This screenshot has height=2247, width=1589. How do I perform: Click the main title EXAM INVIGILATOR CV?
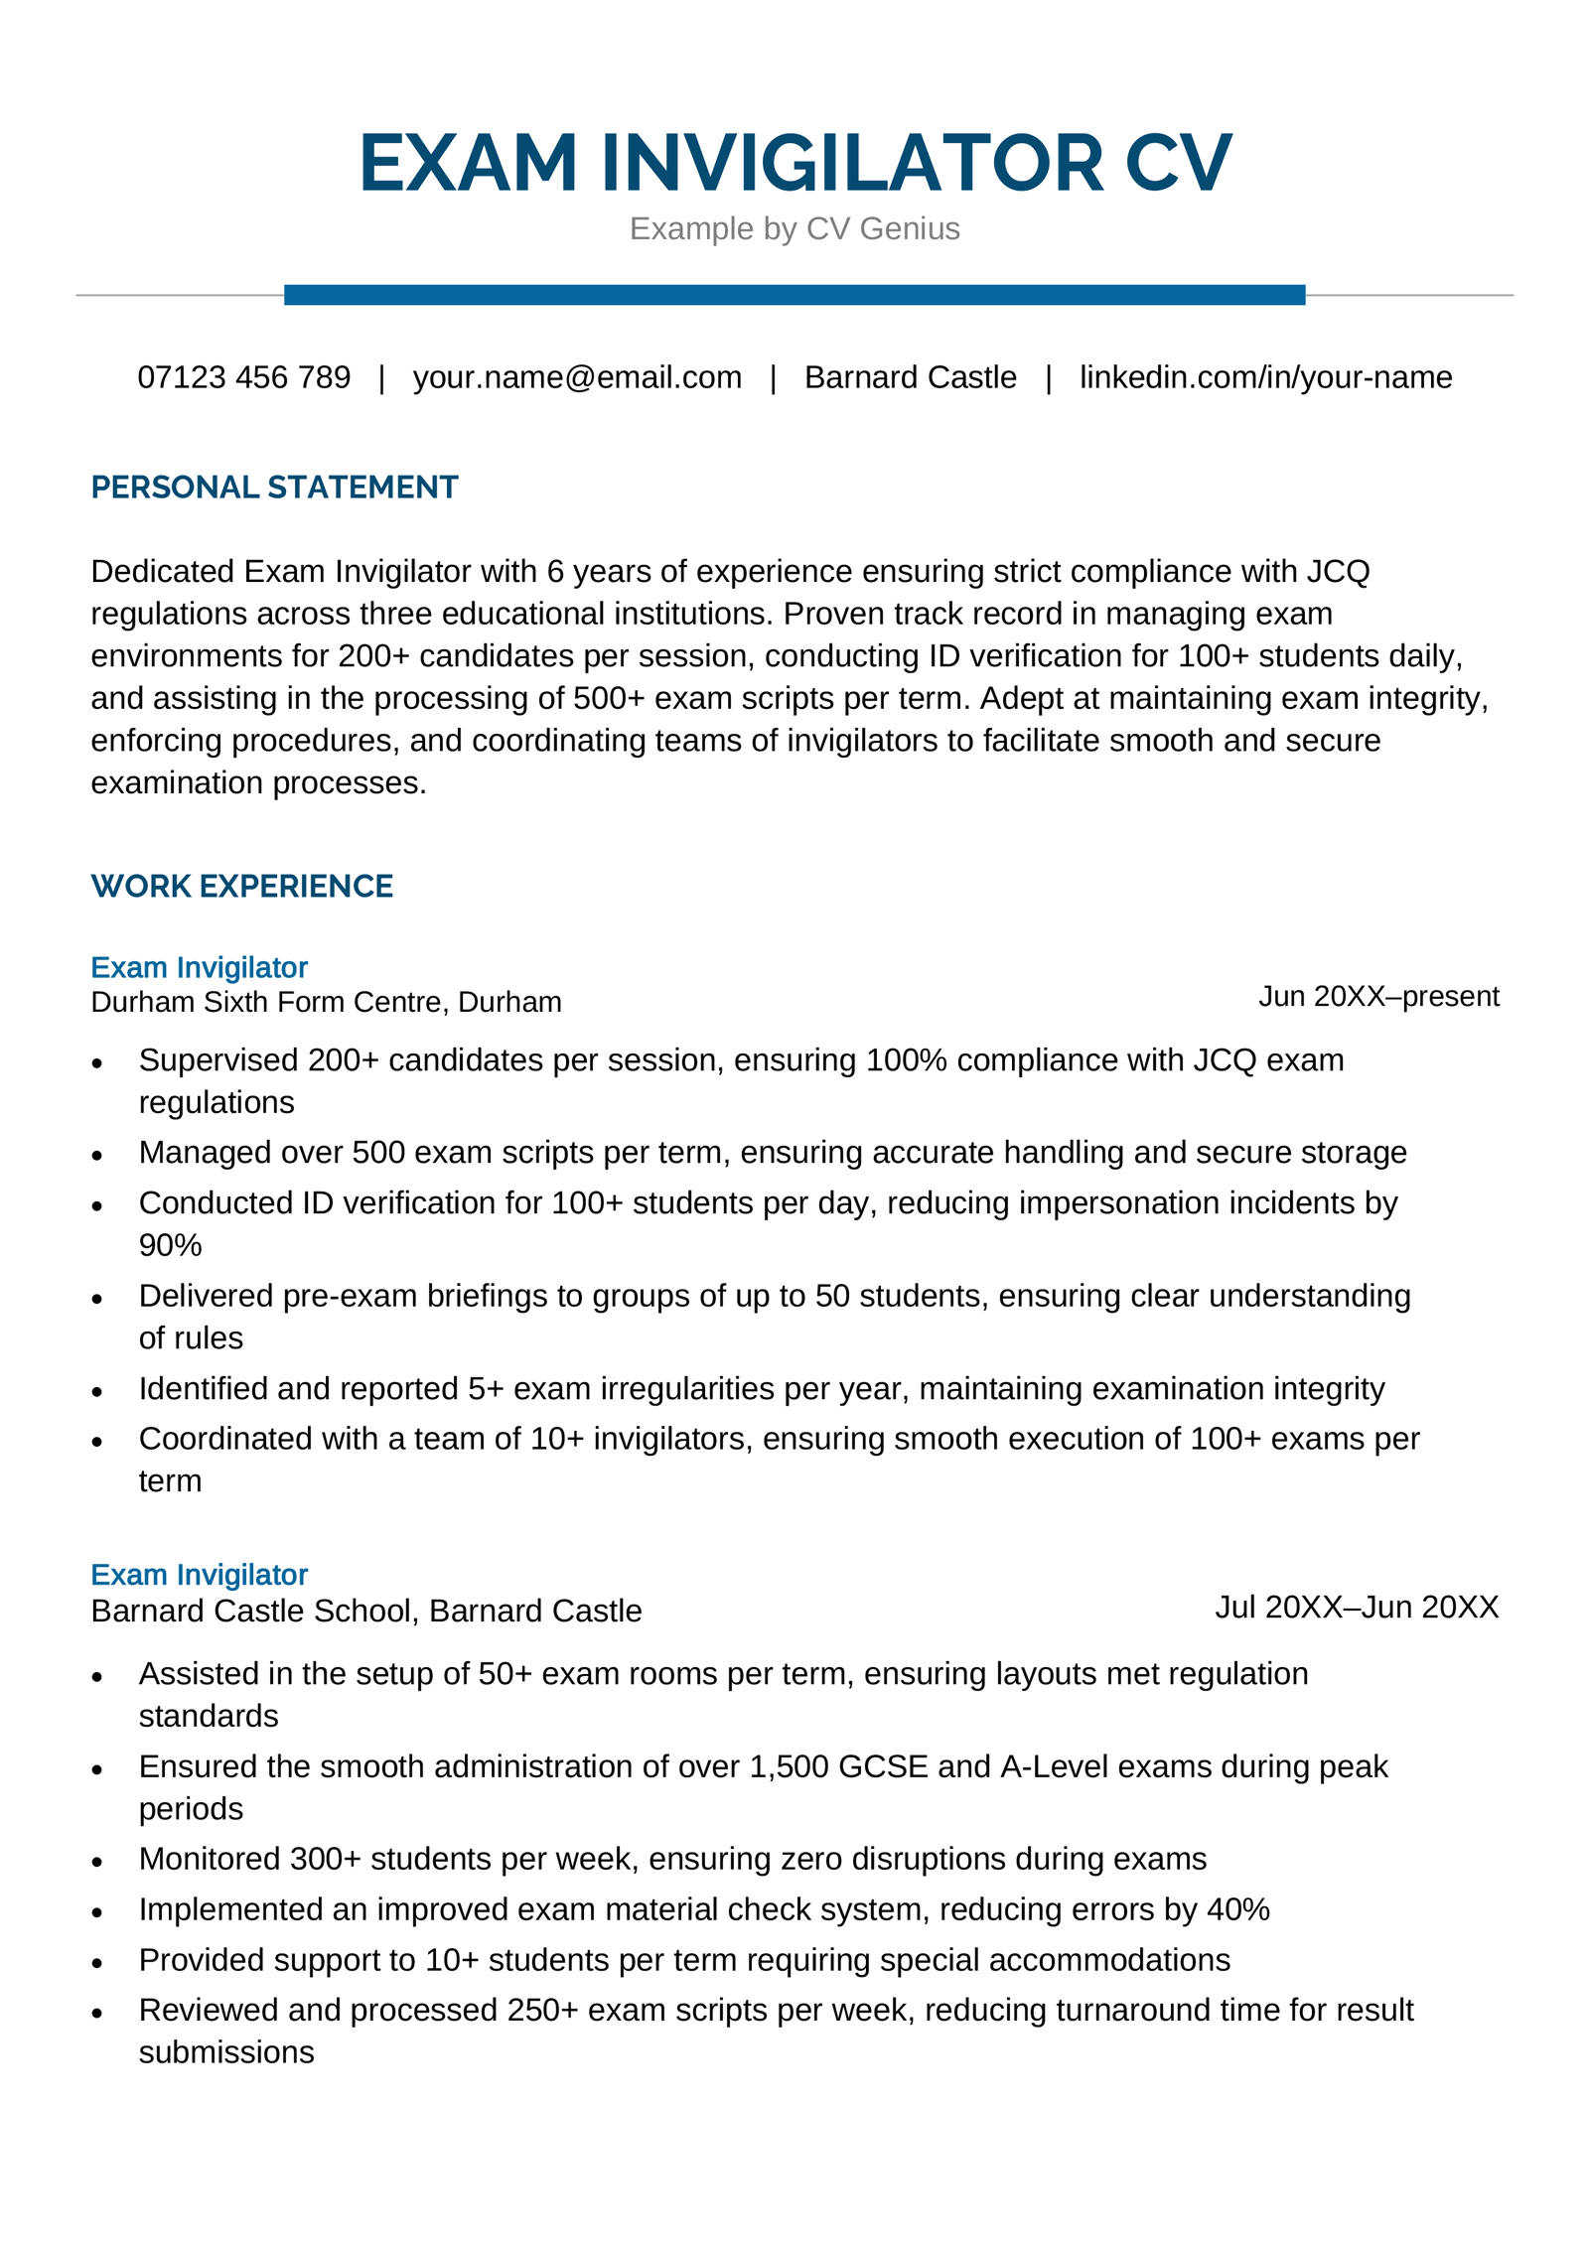[794, 163]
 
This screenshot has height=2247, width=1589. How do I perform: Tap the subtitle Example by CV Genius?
[794, 228]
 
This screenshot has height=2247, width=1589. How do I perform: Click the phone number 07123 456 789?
[243, 377]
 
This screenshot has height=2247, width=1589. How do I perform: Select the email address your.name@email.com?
[577, 377]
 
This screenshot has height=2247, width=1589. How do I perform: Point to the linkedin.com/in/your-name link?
[1265, 377]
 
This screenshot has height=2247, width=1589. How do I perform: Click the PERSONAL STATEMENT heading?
[274, 488]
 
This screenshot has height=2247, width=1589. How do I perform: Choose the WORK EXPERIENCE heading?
[241, 886]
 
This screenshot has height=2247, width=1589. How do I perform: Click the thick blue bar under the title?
[794, 295]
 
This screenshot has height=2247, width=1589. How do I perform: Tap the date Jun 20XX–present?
[1378, 996]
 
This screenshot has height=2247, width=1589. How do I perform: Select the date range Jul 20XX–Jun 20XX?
[1357, 1607]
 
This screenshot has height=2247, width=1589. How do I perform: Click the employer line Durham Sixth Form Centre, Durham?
[326, 1002]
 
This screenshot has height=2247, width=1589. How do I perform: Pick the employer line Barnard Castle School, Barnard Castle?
[365, 1611]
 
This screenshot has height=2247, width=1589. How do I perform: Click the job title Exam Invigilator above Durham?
[199, 967]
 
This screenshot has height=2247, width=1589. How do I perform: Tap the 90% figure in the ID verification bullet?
[170, 1245]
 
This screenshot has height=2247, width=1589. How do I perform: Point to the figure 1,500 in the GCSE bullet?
[789, 1766]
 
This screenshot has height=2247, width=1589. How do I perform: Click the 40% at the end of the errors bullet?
[1238, 1909]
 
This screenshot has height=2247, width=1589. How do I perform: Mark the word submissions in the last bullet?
[226, 2052]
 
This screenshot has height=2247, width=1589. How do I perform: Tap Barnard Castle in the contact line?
[910, 377]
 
